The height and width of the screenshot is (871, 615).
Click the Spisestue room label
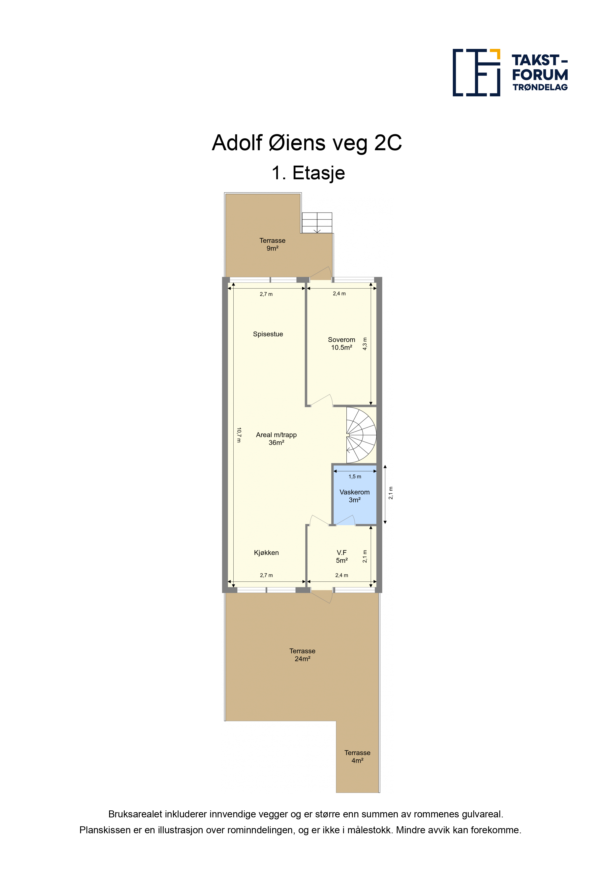268,334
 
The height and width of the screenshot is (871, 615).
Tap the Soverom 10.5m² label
341,343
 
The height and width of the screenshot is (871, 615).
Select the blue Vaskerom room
355,495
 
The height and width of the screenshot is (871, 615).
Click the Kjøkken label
266,553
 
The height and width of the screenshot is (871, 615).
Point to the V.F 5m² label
341,556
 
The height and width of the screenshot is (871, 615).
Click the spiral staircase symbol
361,435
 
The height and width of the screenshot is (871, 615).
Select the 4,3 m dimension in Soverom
365,344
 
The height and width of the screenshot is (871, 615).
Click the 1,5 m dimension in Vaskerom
355,476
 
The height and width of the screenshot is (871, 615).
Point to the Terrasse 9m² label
273,244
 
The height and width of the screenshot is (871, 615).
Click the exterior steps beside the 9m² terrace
317,223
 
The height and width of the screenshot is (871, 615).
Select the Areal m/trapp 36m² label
276,438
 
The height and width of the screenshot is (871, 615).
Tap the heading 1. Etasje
308,173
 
